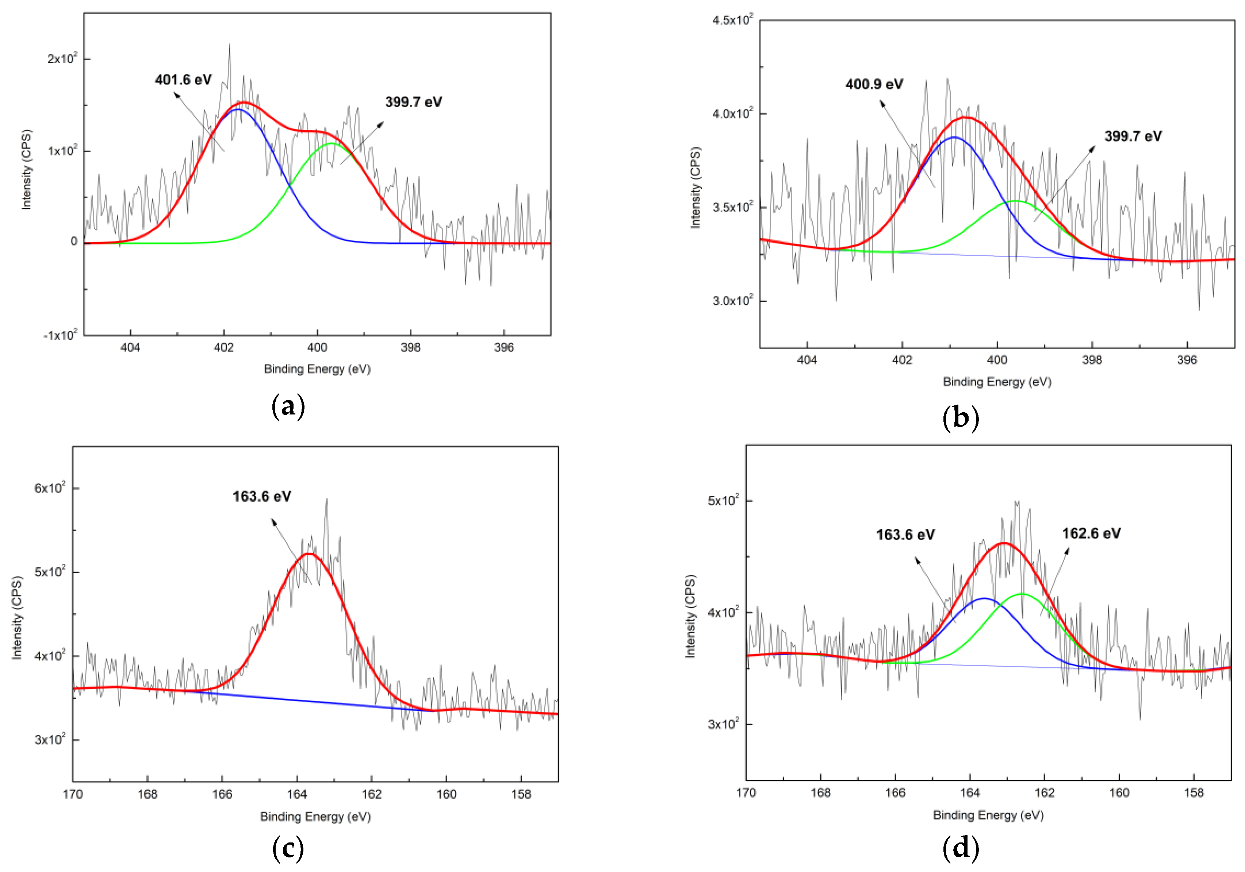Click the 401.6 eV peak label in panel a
(x=183, y=80)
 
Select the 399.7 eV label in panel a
(x=413, y=102)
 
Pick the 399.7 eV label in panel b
(x=1133, y=136)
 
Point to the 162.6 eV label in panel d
(x=1091, y=533)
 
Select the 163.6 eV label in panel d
(x=905, y=535)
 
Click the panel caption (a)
(x=288, y=406)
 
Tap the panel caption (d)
(x=960, y=848)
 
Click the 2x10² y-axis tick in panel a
(x=62, y=58)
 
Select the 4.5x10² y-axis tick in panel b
(x=732, y=20)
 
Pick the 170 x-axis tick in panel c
(x=73, y=795)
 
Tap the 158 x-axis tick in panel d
(x=1194, y=793)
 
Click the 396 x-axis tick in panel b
(x=1187, y=360)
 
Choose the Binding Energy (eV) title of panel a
(x=317, y=369)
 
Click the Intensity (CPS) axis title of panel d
(x=690, y=617)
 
